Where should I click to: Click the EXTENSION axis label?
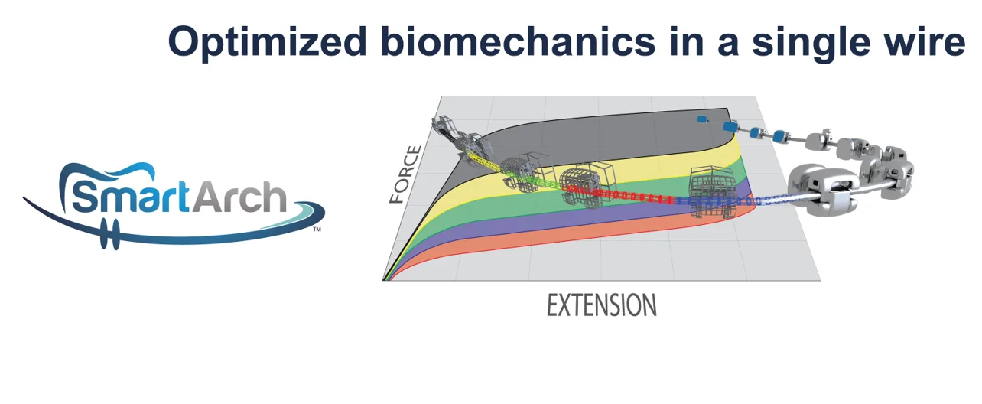pyautogui.click(x=601, y=305)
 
